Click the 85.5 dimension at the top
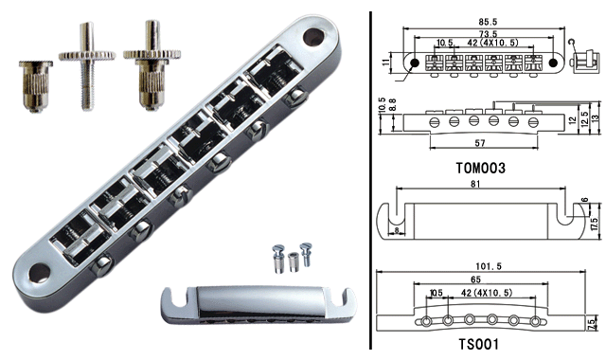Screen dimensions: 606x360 pos(482,22)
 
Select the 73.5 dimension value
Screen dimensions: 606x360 pos(489,34)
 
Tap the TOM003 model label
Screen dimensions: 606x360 pos(480,169)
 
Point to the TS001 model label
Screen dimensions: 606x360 pos(478,343)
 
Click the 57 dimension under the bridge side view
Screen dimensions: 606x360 pos(480,143)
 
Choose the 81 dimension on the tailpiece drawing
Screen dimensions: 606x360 pos(475,184)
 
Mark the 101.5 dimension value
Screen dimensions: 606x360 pos(489,266)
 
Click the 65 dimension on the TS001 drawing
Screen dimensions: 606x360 pos(475,279)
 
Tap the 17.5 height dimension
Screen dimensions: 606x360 pos(596,224)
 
